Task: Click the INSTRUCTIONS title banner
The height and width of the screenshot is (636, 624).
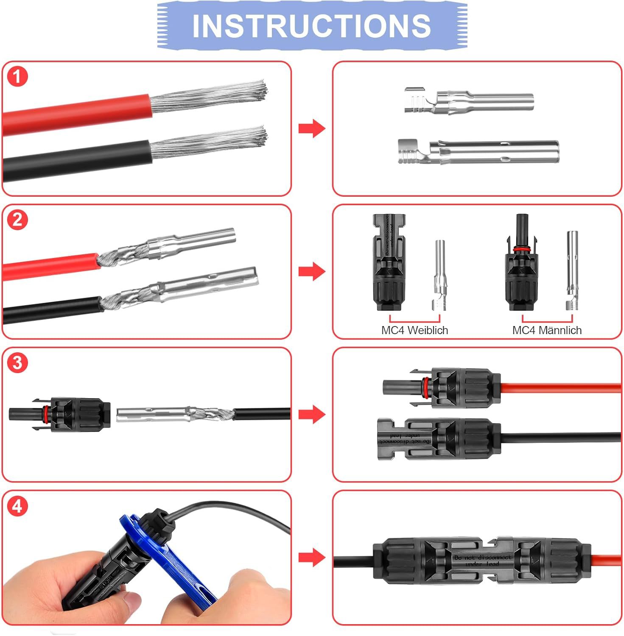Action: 312,25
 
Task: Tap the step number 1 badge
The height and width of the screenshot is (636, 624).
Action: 17,77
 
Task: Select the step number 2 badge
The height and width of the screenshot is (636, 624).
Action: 17,220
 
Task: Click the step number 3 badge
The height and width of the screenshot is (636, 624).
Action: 17,363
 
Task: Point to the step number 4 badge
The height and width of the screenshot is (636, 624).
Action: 17,506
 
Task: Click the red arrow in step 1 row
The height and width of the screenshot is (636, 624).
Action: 311,128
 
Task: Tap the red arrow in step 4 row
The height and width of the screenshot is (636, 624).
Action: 311,557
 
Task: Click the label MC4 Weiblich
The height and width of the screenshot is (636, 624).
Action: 414,330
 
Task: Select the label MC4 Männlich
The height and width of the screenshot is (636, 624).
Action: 547,330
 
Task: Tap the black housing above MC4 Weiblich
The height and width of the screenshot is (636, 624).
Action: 389,263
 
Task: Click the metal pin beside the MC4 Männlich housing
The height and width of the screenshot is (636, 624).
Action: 572,271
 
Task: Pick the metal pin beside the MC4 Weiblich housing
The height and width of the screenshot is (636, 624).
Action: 439,276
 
